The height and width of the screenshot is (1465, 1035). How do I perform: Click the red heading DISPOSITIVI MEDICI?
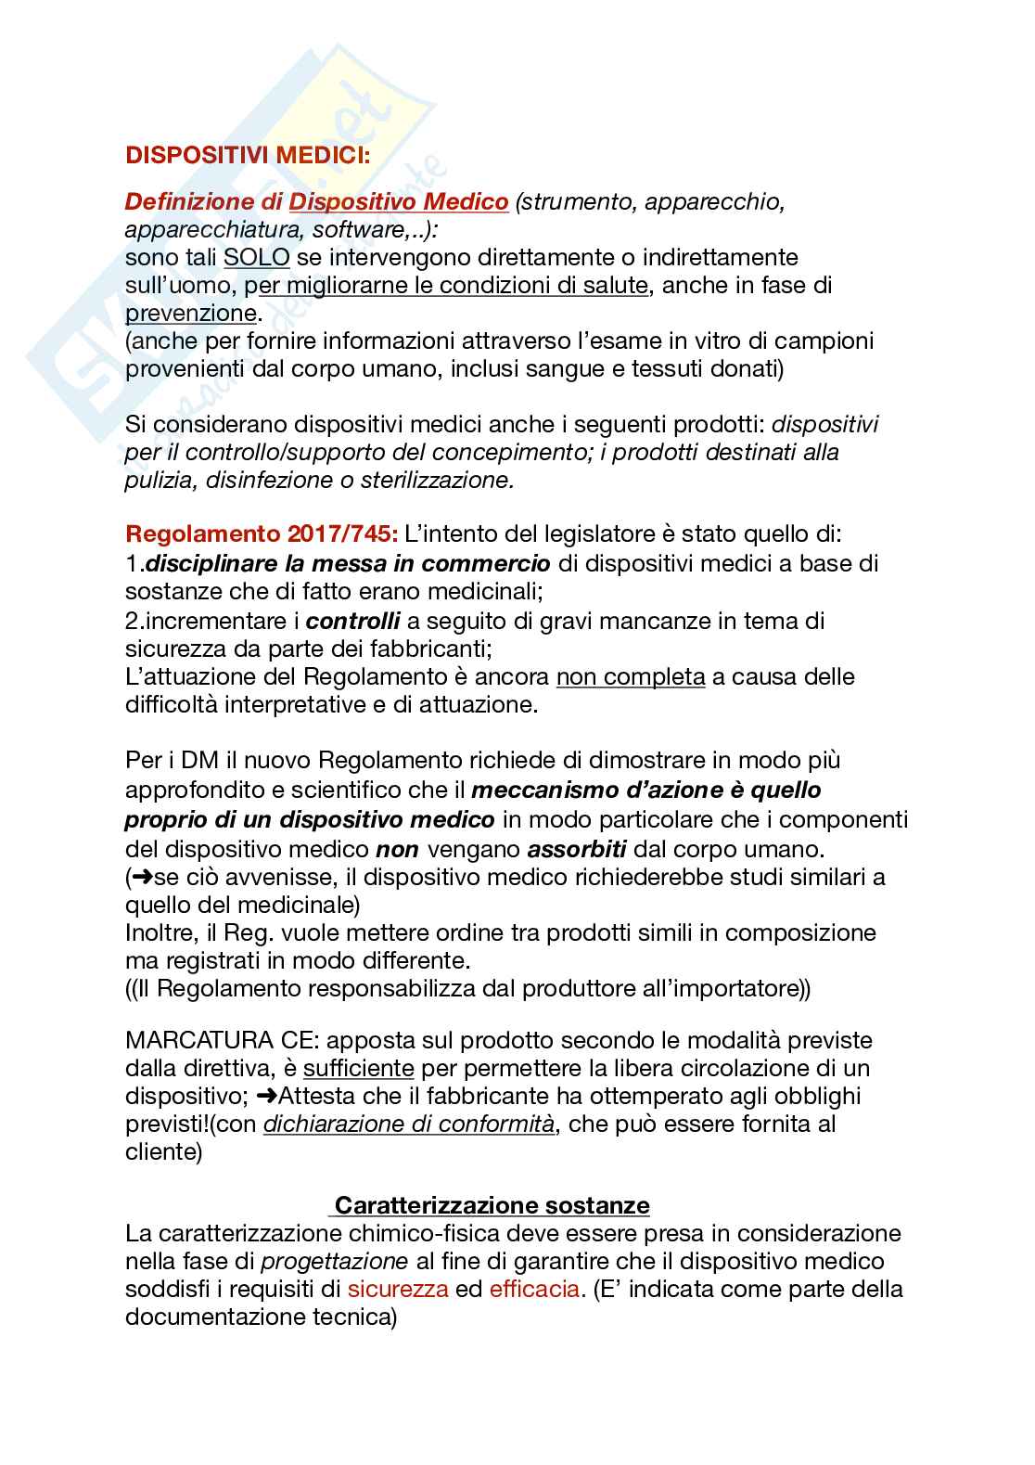click(247, 155)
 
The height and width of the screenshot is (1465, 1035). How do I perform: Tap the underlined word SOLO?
click(257, 257)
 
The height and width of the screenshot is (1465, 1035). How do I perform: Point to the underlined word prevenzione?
click(190, 313)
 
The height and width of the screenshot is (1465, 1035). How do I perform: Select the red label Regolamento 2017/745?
click(262, 535)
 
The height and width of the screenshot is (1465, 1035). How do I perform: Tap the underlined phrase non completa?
click(631, 676)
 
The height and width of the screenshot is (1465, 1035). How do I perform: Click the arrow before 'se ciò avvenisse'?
click(143, 877)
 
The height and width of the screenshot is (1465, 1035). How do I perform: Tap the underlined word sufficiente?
click(358, 1068)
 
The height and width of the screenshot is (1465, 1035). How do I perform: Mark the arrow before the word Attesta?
click(266, 1096)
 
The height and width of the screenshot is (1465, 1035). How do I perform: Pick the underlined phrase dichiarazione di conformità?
click(409, 1124)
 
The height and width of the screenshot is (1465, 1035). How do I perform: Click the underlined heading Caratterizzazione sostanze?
click(492, 1205)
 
